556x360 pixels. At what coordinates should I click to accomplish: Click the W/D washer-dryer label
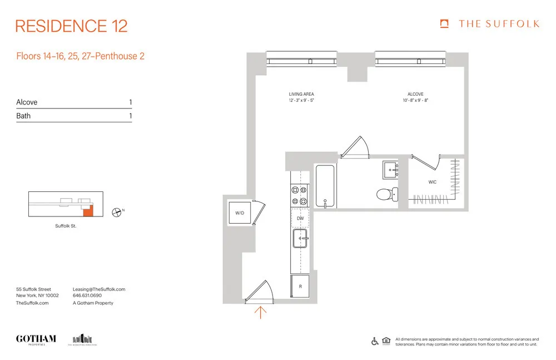(x=240, y=213)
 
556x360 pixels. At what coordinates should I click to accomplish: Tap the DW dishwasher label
(x=300, y=218)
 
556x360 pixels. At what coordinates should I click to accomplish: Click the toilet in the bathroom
(x=387, y=194)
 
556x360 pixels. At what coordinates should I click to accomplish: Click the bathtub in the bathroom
(x=325, y=186)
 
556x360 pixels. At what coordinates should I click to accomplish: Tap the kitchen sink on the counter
(x=300, y=239)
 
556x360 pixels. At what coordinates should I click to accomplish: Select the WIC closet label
(x=432, y=182)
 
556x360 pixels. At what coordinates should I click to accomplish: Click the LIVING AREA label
(x=301, y=94)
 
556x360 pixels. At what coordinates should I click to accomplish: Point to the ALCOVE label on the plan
(x=415, y=94)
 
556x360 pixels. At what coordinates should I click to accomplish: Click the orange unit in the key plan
(x=87, y=210)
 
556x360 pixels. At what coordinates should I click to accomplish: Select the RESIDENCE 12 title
(x=71, y=26)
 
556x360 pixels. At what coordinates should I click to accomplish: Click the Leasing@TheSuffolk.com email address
(x=99, y=289)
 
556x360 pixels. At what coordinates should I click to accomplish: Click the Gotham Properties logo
(x=36, y=339)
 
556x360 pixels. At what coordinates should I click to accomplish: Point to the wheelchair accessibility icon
(x=375, y=341)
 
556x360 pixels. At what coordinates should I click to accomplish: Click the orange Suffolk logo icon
(x=444, y=23)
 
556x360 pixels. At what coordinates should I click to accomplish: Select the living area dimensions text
(x=301, y=101)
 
